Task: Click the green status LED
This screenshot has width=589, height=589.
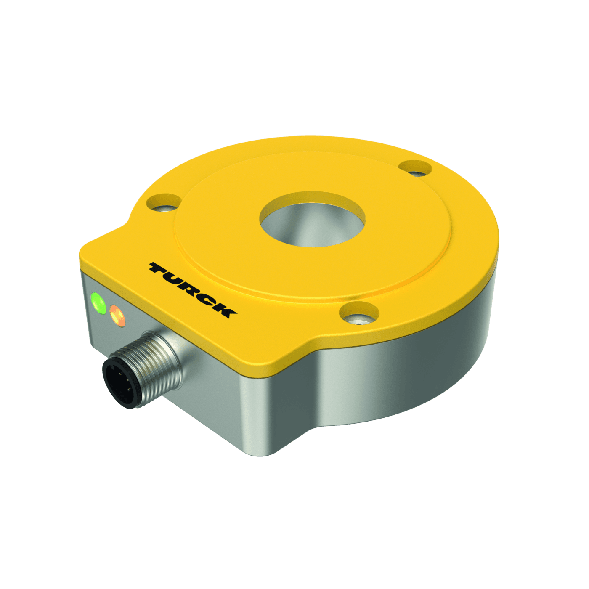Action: [98, 302]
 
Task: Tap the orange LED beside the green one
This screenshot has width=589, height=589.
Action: [117, 316]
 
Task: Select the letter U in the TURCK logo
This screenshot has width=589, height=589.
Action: [177, 279]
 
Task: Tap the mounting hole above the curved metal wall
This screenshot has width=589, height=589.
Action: [359, 314]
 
